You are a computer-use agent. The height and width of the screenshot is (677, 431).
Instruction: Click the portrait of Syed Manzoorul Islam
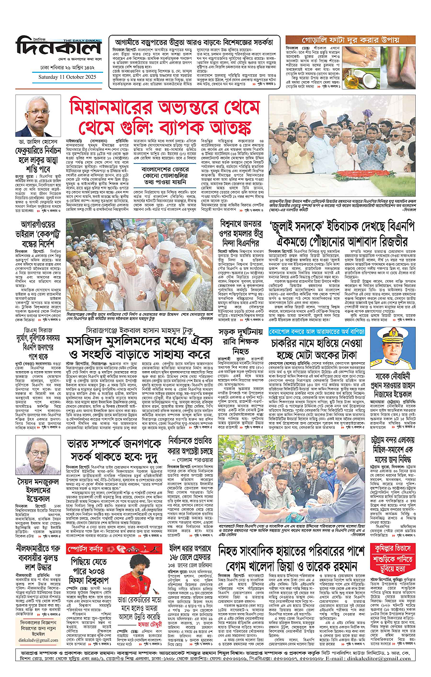37,455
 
